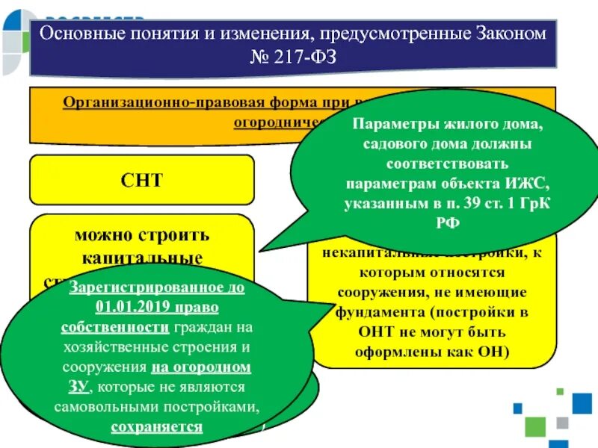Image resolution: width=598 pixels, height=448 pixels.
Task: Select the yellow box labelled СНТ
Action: (142, 180)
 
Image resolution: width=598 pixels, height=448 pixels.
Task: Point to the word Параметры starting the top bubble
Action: (395, 122)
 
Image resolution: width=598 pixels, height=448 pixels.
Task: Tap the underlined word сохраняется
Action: (157, 427)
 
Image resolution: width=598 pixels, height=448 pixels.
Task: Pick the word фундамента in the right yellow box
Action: (373, 311)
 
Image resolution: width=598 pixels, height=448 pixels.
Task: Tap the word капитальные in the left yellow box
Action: (142, 258)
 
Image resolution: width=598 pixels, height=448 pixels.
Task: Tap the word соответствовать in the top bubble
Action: (438, 162)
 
